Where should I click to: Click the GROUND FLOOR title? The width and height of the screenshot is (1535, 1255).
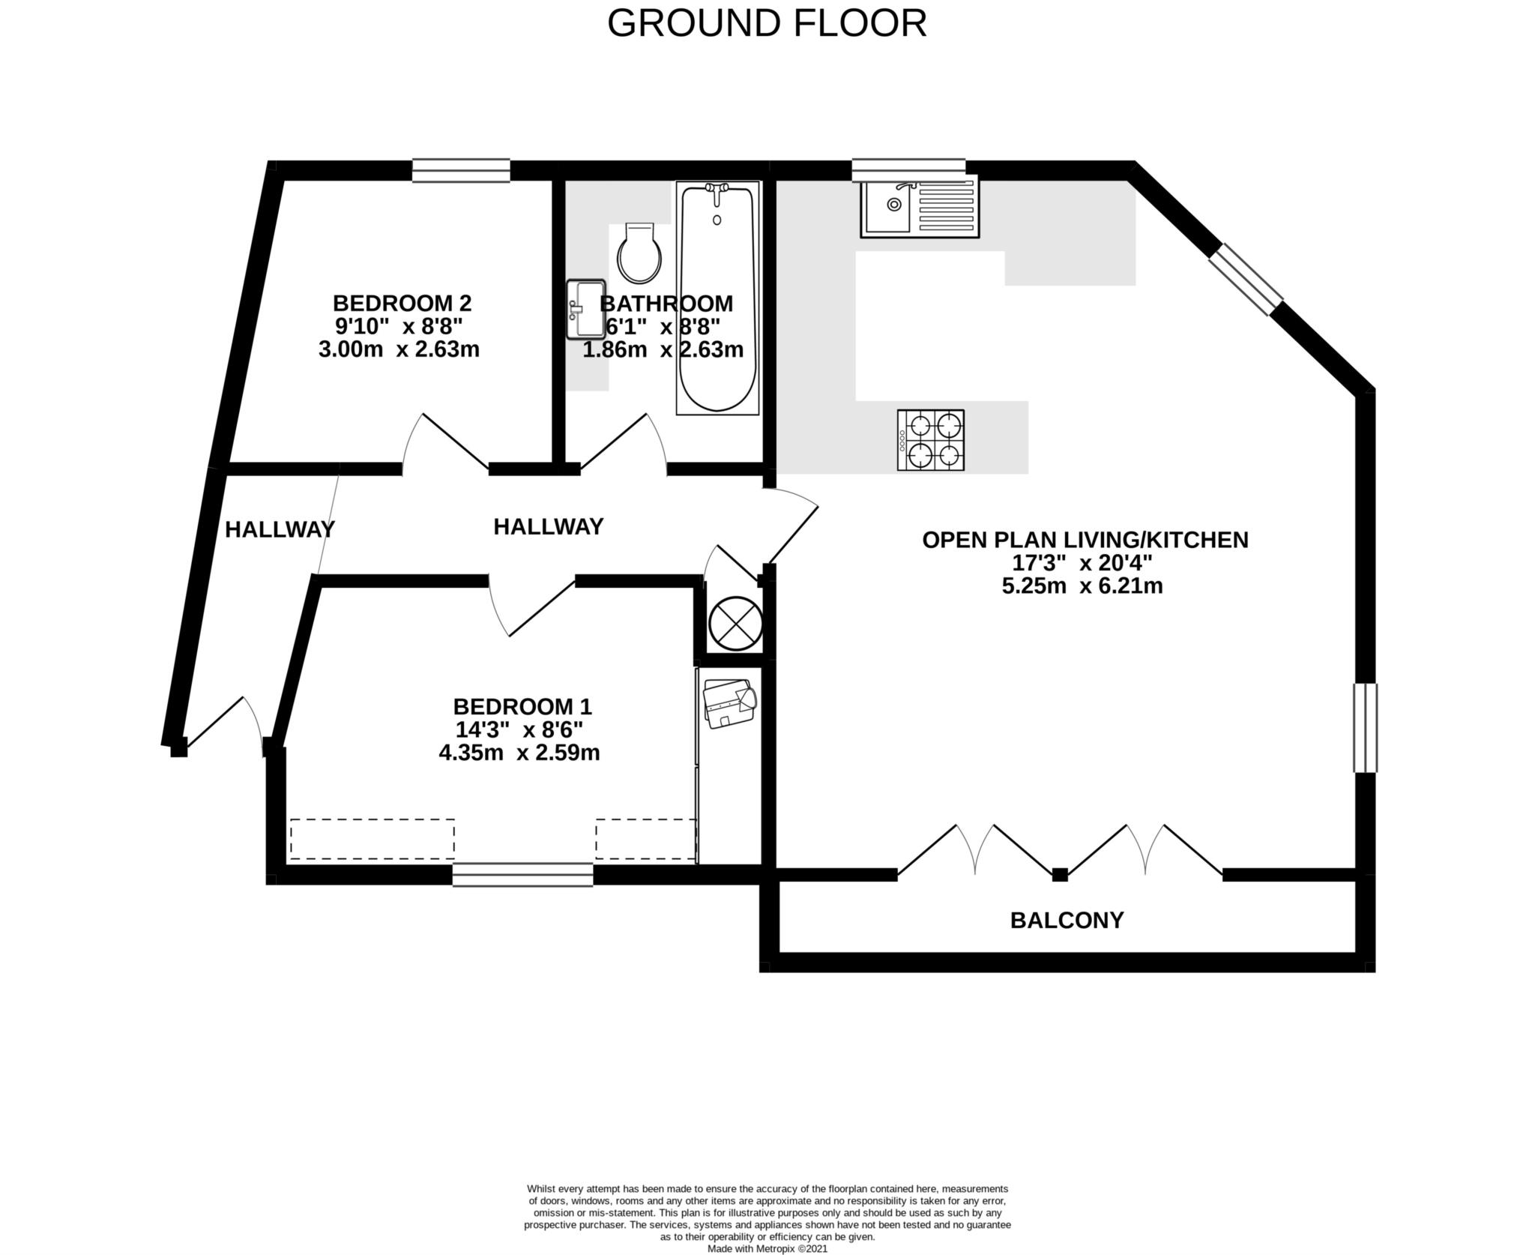coord(767,24)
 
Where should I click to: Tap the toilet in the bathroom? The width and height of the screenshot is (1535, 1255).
coord(639,253)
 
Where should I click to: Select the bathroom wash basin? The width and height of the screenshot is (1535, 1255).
coord(585,308)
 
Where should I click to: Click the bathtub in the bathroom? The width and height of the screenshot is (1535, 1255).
coord(717,298)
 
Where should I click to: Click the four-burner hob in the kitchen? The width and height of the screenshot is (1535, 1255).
coord(931,440)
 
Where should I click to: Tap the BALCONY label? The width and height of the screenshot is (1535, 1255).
coord(1067,920)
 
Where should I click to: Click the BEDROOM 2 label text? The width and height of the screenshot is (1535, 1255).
coord(402,304)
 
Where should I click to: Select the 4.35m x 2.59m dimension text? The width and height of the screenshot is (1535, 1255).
coord(519,753)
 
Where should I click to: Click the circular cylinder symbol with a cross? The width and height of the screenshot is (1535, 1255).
coord(735,623)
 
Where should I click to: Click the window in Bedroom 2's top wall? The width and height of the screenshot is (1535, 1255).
coord(461,170)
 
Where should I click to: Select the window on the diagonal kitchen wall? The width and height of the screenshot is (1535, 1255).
coord(1246,280)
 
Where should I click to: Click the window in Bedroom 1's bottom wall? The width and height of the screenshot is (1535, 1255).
coord(522,875)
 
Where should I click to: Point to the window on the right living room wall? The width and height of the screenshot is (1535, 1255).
coord(1365,728)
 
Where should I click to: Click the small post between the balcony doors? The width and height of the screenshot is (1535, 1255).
coord(1060,874)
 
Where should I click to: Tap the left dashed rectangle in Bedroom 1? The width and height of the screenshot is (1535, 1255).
coord(372,839)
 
